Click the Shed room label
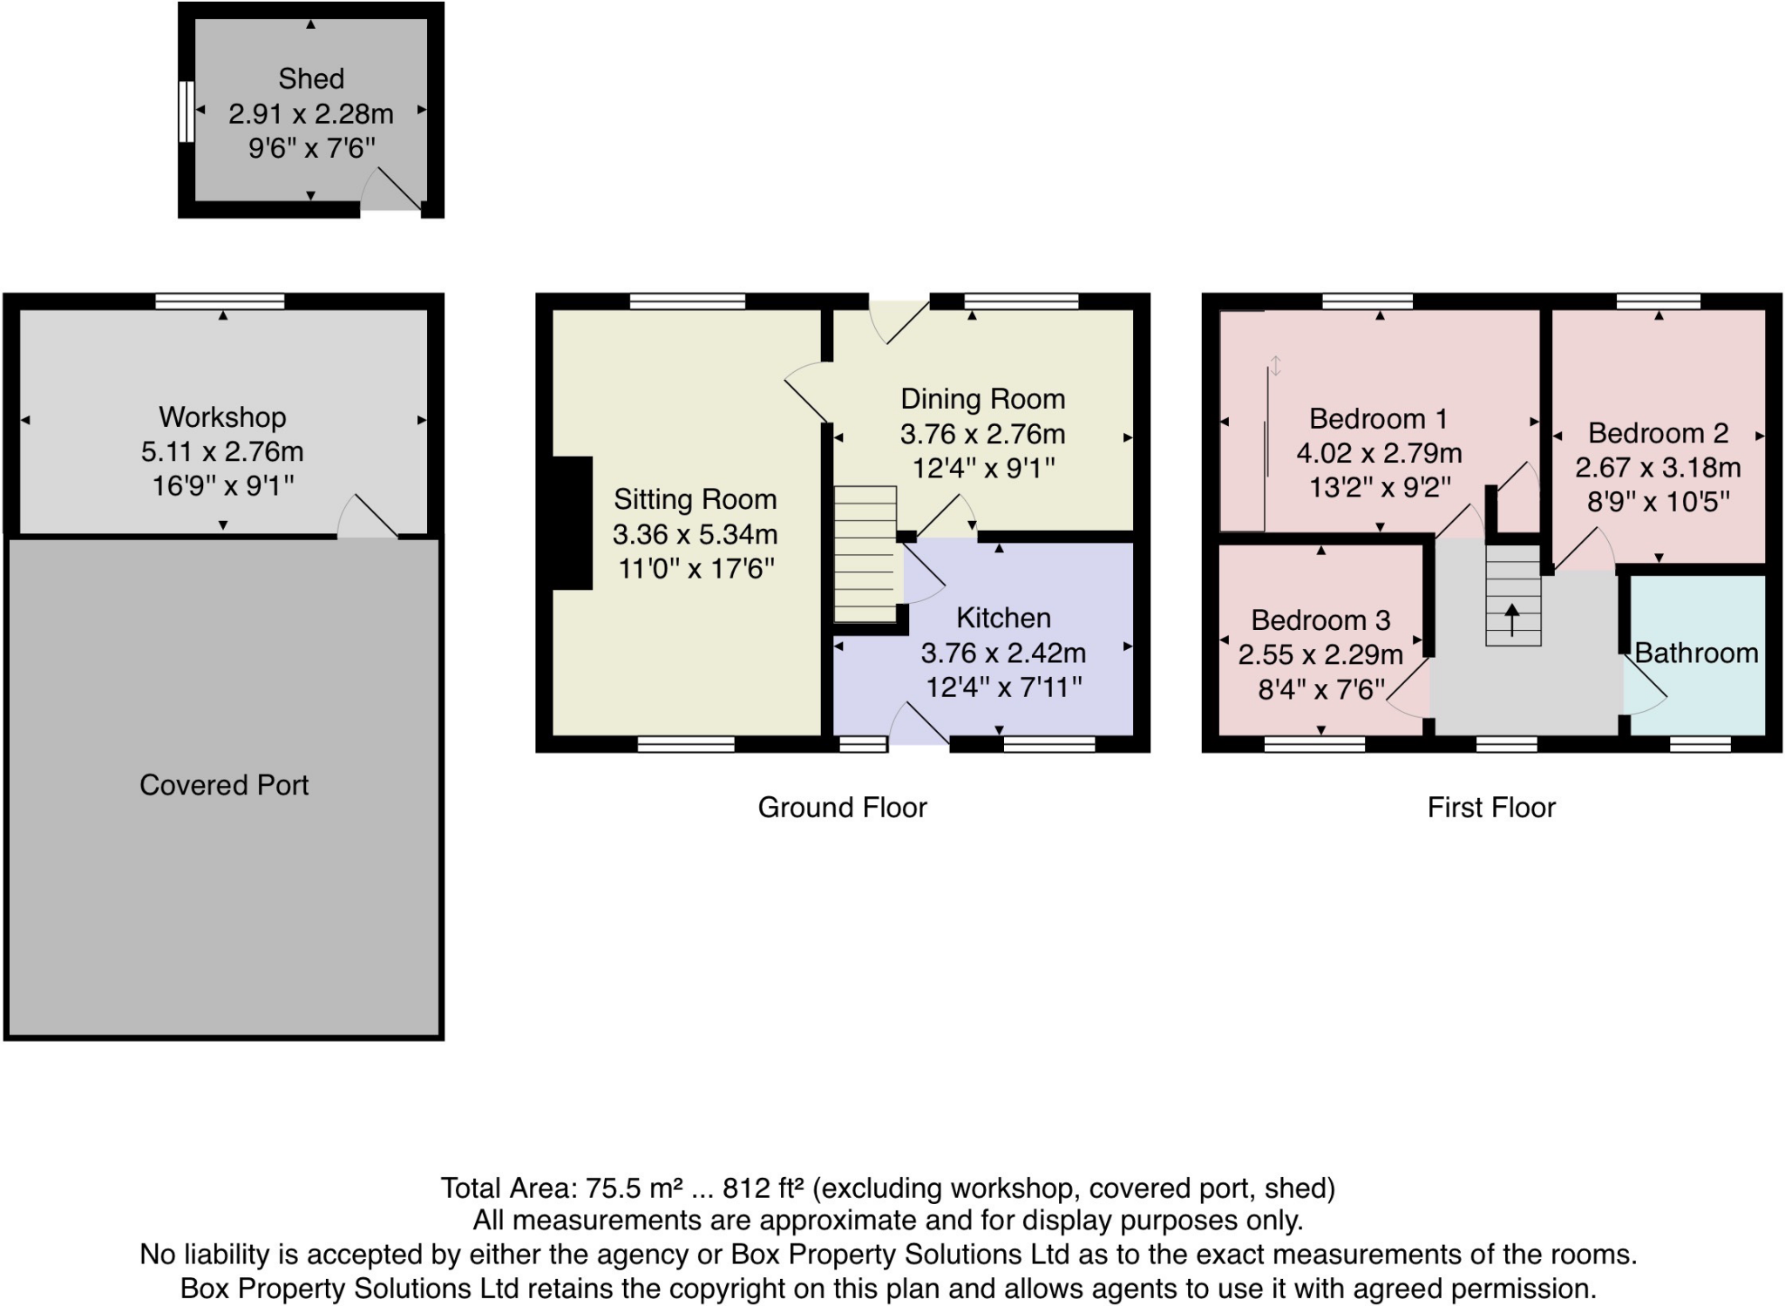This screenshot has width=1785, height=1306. (311, 79)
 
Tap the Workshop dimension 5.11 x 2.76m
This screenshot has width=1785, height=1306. (222, 451)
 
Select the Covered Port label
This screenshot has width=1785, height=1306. (224, 785)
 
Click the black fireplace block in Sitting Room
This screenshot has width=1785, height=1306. (571, 523)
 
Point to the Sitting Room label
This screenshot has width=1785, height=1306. (695, 499)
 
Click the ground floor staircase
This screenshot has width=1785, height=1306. (865, 553)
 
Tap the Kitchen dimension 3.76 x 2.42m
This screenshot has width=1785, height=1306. (1003, 653)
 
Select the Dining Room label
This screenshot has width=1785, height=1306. (982, 399)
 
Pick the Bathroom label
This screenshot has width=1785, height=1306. (1696, 653)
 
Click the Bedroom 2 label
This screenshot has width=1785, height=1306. (1658, 433)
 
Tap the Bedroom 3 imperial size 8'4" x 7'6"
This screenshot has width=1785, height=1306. (1320, 690)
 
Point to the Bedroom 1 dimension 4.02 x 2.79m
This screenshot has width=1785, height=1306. (1379, 453)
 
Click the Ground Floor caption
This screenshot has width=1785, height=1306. (842, 808)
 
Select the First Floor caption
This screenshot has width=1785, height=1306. (1490, 808)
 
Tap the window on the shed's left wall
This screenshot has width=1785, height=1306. (186, 112)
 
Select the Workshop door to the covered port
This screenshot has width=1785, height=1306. (368, 518)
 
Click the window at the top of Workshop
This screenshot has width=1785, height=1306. (220, 301)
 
